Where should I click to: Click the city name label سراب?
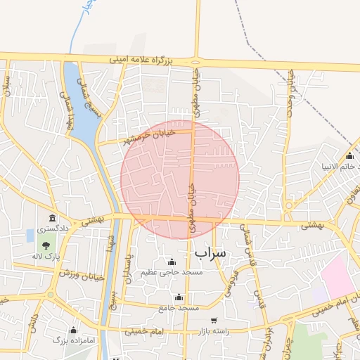point(210,252)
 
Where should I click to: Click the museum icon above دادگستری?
point(52,218)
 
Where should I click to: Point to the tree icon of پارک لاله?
point(46,245)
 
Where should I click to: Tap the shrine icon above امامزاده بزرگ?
point(73,330)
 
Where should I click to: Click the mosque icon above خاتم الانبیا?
point(349,155)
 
